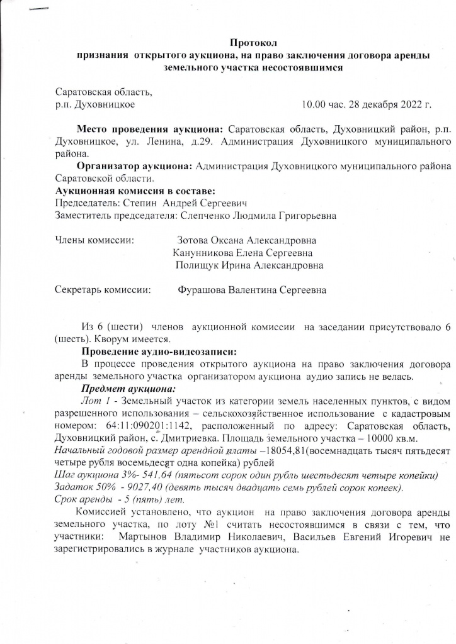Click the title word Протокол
coord(253,43)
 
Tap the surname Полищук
coord(198,265)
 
